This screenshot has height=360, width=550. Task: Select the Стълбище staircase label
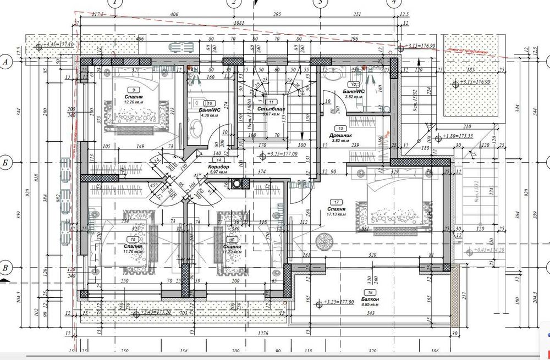click(x=269, y=109)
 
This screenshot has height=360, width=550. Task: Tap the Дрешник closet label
click(x=340, y=135)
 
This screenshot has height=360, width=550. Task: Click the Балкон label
click(x=370, y=298)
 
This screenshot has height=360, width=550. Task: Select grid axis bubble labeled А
click(x=5, y=63)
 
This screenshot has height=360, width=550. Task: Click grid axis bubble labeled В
click(x=5, y=268)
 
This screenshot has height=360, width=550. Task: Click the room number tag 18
click(x=370, y=292)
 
